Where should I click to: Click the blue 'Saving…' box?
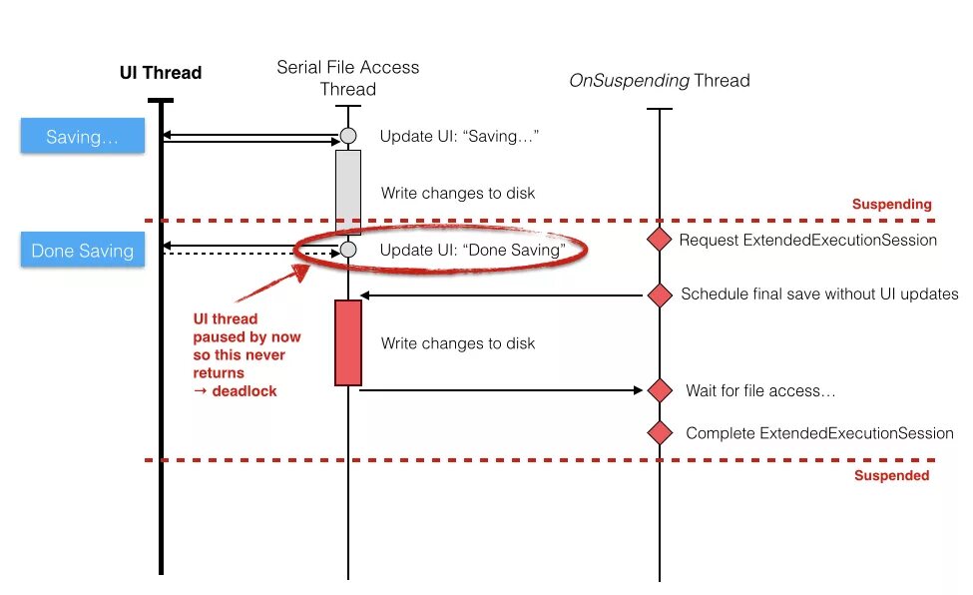[x=83, y=137]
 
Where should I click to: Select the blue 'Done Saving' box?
[x=83, y=251]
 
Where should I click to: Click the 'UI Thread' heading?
[x=161, y=73]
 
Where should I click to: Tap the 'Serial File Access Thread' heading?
[x=348, y=78]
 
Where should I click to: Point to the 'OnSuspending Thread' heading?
[x=659, y=81]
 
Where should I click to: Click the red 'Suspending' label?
[x=891, y=205]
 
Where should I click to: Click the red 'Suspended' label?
[x=891, y=476]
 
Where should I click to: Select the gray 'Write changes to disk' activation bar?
[x=348, y=192]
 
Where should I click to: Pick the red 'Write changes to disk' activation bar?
[x=348, y=342]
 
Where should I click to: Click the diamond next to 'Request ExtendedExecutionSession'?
[x=660, y=240]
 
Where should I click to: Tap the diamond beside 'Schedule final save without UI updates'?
[x=660, y=295]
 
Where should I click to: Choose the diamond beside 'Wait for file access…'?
[x=660, y=390]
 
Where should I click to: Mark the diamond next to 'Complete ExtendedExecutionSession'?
[x=660, y=433]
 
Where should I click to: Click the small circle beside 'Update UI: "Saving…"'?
[x=348, y=136]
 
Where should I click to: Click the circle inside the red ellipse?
[x=348, y=250]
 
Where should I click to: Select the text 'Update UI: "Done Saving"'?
[x=472, y=250]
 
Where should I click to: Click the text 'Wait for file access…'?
[x=760, y=390]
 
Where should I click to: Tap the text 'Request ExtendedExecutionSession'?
[x=807, y=240]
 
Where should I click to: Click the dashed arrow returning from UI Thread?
[x=249, y=254]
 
